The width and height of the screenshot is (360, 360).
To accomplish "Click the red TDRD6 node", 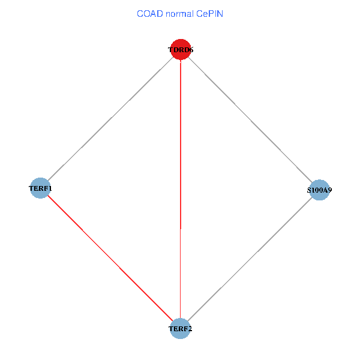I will (181, 50).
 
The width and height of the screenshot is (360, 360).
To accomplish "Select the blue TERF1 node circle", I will (40, 188).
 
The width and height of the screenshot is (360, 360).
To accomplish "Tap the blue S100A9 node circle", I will (320, 190).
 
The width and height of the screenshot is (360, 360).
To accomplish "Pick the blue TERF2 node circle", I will (180, 328).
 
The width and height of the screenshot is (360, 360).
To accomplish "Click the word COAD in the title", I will (149, 13).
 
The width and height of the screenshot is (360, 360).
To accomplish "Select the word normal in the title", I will (180, 13).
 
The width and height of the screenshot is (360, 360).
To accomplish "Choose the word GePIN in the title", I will (211, 13).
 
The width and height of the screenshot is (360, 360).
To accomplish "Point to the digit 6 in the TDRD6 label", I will (191, 50).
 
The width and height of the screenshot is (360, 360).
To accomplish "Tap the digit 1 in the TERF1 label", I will (50, 188).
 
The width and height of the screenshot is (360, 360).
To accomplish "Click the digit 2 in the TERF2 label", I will (190, 329).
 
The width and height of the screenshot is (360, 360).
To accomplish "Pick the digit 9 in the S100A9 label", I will (330, 190).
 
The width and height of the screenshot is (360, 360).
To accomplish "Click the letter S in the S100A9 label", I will (310, 190).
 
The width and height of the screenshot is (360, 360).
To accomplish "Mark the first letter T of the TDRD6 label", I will (170, 50).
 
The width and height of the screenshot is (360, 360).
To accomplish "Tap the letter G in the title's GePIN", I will (202, 13).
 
